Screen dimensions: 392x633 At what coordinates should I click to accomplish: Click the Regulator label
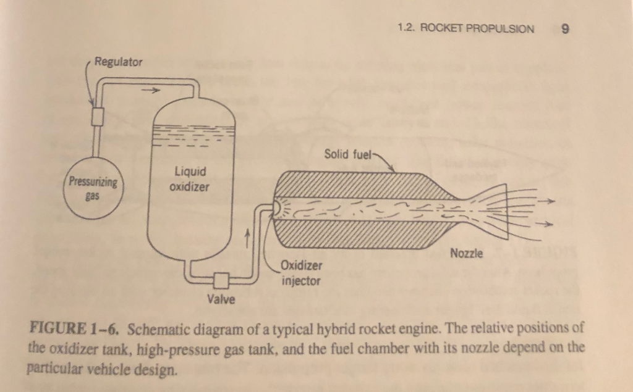click(118, 62)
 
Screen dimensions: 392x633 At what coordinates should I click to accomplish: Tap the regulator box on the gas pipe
click(96, 115)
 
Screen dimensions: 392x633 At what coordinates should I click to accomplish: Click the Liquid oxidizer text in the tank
click(190, 178)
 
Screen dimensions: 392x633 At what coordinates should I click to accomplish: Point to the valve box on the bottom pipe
click(219, 280)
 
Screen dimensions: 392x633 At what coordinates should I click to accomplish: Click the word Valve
click(221, 300)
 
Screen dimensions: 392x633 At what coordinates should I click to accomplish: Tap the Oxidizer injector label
click(300, 273)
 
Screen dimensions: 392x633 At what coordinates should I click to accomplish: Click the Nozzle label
click(467, 253)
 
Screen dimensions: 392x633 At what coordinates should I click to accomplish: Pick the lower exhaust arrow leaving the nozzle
click(547, 225)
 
